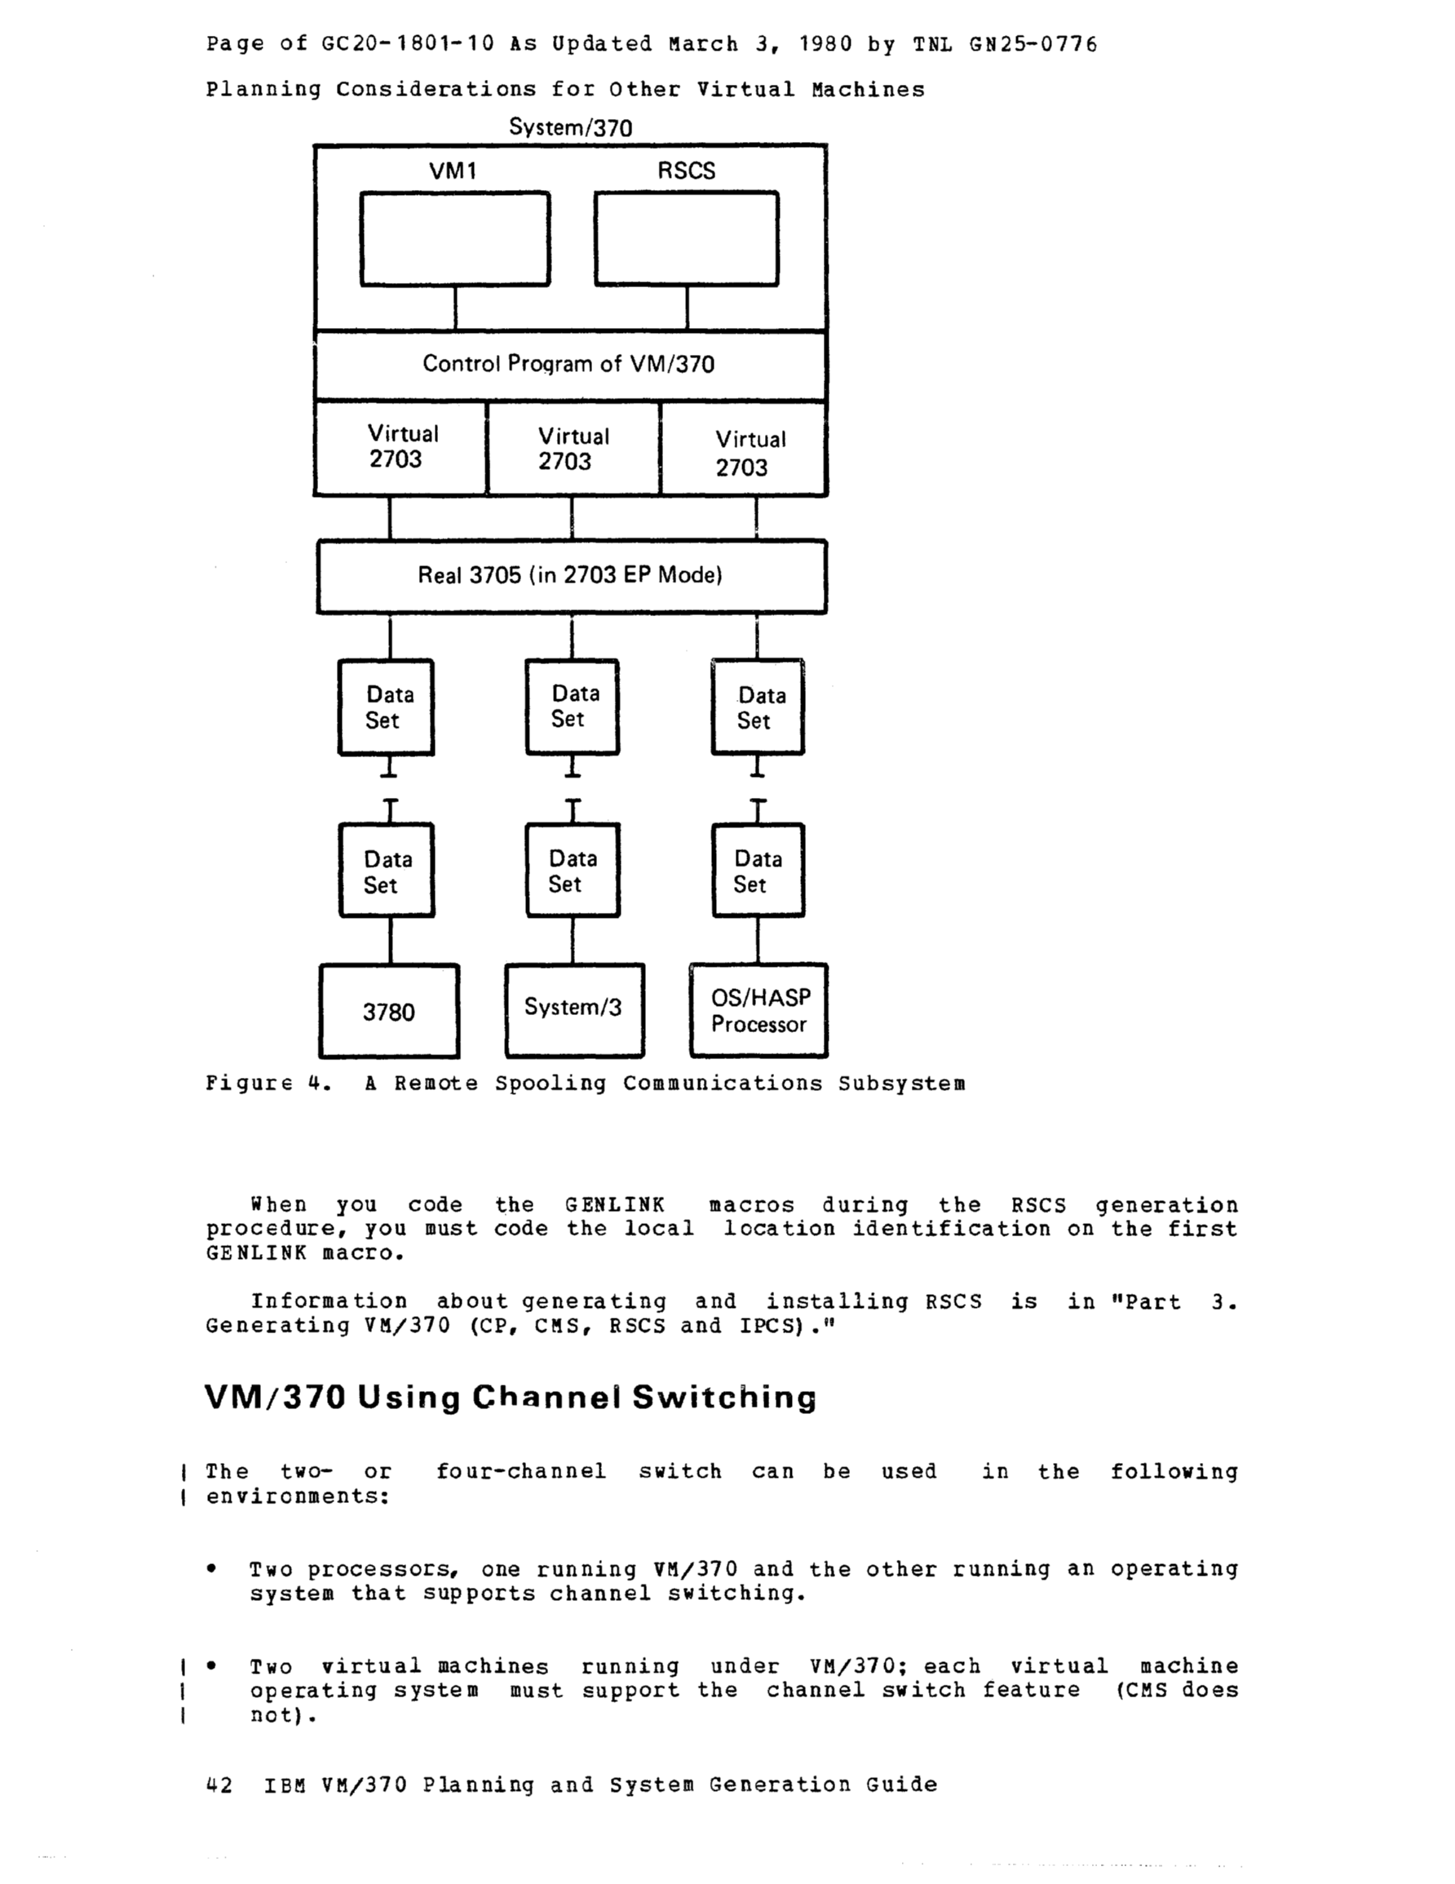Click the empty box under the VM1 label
point(454,239)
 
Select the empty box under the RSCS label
point(686,239)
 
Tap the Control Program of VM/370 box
point(569,365)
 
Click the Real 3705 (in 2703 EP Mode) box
point(570,576)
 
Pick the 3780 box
point(389,1011)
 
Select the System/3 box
point(573,1009)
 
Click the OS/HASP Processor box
point(759,1010)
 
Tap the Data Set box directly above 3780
point(387,871)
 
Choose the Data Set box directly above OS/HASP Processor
point(758,871)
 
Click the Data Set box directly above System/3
point(573,871)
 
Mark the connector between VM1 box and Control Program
point(454,308)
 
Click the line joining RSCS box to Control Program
point(687,308)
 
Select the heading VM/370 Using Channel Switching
point(510,1398)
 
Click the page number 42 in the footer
point(219,1784)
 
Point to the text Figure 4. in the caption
point(268,1084)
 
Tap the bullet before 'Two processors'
point(211,1569)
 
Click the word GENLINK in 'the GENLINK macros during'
point(615,1205)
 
